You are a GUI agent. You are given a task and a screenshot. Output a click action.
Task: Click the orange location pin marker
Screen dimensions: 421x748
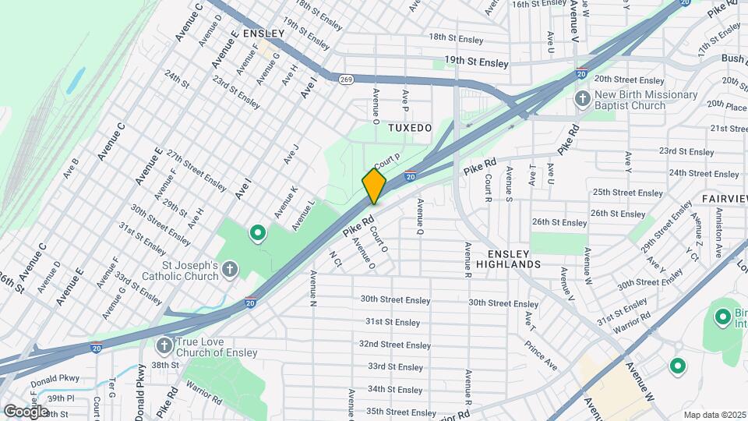(374, 186)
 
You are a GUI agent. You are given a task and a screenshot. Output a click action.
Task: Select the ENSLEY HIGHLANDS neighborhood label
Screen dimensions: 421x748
(513, 259)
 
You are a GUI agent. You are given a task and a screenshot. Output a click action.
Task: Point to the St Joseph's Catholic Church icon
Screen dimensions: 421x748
(229, 270)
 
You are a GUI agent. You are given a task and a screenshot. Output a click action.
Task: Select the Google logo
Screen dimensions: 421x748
(26, 411)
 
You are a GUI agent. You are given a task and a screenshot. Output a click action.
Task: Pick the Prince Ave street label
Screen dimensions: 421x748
(540, 355)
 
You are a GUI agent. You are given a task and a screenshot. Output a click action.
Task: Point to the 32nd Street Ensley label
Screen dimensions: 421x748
(394, 345)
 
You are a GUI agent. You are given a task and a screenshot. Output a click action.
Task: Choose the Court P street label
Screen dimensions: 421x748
(386, 161)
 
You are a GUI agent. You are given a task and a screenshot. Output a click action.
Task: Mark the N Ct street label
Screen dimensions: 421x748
(335, 258)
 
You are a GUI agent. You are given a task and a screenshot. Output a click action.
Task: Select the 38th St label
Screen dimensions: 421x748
(165, 365)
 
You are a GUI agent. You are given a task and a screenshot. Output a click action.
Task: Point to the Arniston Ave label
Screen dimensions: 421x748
(714, 228)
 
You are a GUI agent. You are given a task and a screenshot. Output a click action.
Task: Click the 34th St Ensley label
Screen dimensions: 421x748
(395, 389)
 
